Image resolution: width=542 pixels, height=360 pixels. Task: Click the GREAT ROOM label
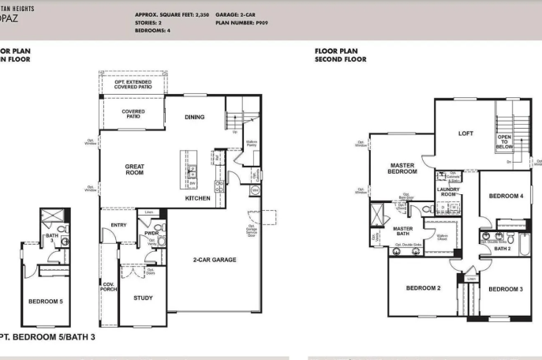(x=133, y=169)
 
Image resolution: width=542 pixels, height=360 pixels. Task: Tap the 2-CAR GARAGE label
(x=214, y=260)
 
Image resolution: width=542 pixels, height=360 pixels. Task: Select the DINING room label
(x=194, y=117)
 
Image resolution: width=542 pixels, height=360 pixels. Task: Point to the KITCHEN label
(x=197, y=198)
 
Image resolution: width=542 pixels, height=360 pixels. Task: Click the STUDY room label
(x=143, y=298)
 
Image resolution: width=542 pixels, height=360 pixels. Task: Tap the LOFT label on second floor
(x=466, y=133)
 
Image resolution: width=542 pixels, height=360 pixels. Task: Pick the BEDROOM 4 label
(x=505, y=196)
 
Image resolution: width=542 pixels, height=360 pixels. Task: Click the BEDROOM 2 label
(x=423, y=288)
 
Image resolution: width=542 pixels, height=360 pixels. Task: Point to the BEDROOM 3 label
(x=505, y=289)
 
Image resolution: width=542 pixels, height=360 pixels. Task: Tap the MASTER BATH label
(x=403, y=231)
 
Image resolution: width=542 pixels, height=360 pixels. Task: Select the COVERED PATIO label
(x=133, y=114)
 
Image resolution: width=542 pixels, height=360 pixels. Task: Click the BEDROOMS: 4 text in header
(x=152, y=30)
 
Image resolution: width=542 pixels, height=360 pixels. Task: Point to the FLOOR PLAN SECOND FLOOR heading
(x=341, y=54)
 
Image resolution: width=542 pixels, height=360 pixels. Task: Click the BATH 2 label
(x=503, y=248)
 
